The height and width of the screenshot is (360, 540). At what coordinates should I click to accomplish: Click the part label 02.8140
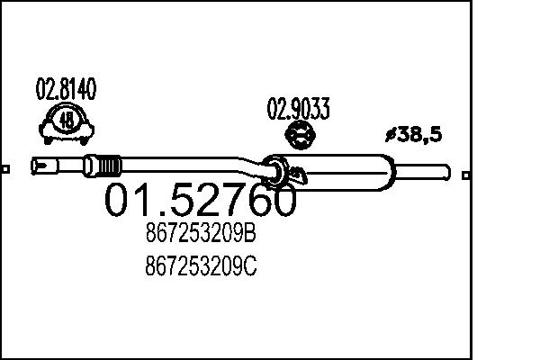point(66,90)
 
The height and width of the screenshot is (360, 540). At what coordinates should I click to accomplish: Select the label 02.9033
point(298,110)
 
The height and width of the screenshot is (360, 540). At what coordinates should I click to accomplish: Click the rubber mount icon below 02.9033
point(298,138)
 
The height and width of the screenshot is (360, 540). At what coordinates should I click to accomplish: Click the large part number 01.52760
point(201,201)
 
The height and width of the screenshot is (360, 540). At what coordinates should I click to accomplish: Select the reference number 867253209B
point(200,235)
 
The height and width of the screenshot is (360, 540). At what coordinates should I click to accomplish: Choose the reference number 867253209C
point(200,267)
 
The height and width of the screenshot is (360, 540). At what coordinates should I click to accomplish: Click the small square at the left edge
point(4,168)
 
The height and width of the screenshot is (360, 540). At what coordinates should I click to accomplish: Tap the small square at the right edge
point(464,175)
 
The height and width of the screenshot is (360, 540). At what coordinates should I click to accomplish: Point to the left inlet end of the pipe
point(38,166)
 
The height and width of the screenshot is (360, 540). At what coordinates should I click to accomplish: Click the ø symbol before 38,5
point(390,135)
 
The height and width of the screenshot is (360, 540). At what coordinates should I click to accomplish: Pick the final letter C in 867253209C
point(250,267)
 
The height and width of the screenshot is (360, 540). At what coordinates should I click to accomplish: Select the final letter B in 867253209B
point(250,235)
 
